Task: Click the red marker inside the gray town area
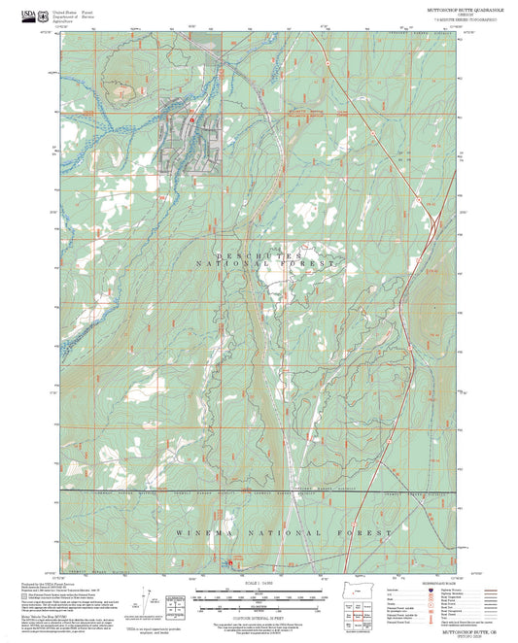pyautogui.click(x=192, y=119)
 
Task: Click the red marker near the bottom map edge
pyautogui.click(x=230, y=562)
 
